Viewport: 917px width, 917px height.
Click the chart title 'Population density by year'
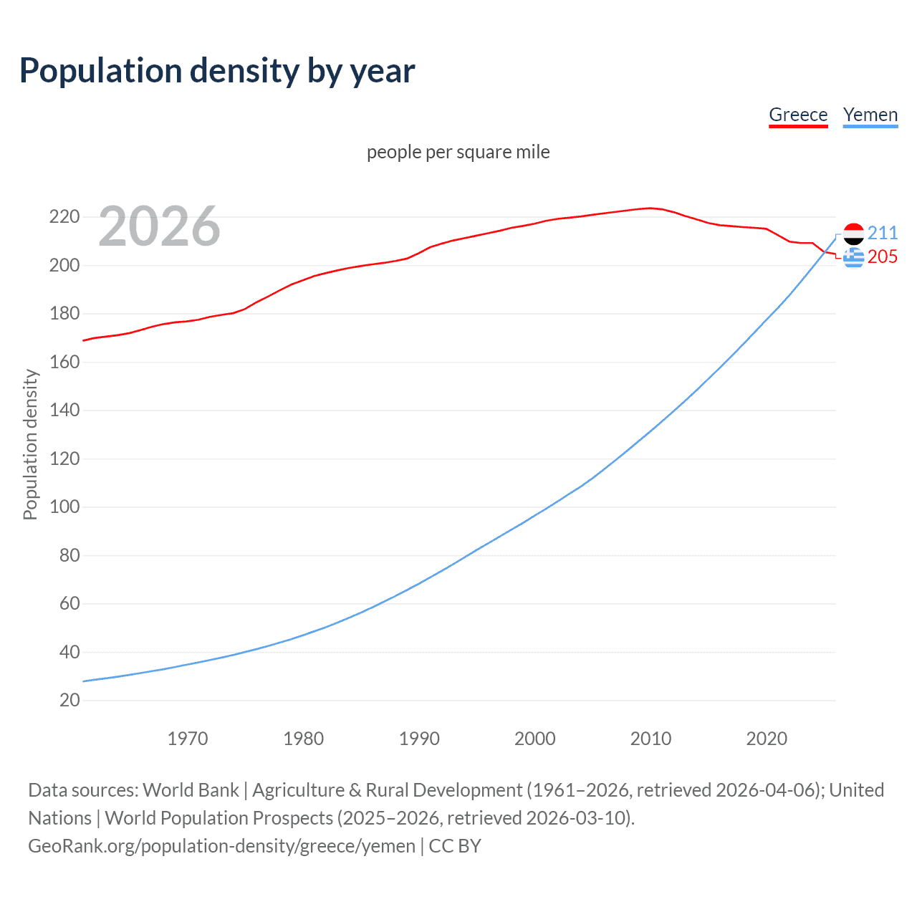tap(217, 71)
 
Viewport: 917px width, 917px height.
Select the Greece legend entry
tap(798, 115)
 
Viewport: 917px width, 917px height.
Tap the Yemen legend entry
tap(870, 115)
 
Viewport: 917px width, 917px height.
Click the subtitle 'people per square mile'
tap(458, 152)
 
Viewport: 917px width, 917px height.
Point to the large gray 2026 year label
tap(159, 226)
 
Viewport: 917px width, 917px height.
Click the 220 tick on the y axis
tap(64, 216)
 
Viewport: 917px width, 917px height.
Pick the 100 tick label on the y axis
tap(64, 506)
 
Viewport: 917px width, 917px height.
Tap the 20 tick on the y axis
tap(69, 700)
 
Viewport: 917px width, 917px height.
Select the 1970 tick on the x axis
tap(188, 739)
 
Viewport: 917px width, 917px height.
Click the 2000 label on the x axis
tap(535, 739)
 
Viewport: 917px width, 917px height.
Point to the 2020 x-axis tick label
tap(767, 739)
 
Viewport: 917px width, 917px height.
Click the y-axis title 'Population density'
tap(30, 444)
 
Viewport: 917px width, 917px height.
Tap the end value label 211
tap(883, 233)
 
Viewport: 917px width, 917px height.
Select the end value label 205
tap(883, 256)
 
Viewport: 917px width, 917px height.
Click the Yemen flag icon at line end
tap(853, 234)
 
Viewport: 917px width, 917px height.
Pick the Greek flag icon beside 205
tap(853, 257)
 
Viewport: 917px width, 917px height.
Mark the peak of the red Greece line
tap(650, 208)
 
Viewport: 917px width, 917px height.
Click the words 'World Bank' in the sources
tap(191, 789)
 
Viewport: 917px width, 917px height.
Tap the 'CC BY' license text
tap(455, 845)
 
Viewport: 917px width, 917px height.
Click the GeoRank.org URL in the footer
tap(221, 845)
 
